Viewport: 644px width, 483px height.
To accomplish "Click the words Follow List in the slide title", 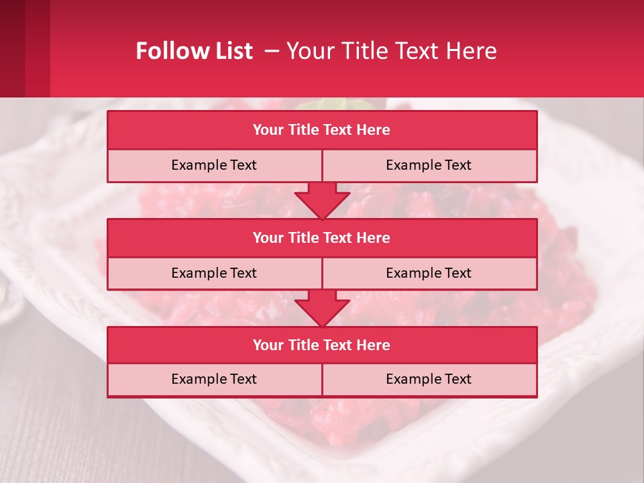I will click(x=194, y=51).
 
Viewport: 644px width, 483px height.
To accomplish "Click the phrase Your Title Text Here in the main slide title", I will click(x=392, y=51).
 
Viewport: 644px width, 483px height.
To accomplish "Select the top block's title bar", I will click(x=322, y=130).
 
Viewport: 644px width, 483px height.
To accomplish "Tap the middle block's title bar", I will click(x=322, y=237).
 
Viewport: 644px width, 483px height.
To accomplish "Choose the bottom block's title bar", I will click(x=322, y=345).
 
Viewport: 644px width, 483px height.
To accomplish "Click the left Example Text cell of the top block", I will click(x=214, y=165).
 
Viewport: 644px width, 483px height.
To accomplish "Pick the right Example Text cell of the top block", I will click(x=429, y=165).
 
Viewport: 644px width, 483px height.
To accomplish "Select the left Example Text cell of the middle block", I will click(x=214, y=273).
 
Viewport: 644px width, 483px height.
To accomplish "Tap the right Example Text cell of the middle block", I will click(x=429, y=273).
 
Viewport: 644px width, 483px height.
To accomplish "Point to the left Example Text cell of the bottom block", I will click(x=214, y=379).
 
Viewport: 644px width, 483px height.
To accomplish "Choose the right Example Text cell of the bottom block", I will click(x=429, y=379).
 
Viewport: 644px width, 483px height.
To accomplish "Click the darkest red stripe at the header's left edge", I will click(x=12, y=48).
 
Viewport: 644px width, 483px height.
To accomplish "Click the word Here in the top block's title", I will click(x=374, y=130).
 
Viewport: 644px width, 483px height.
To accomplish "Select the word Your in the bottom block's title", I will click(x=268, y=345).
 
